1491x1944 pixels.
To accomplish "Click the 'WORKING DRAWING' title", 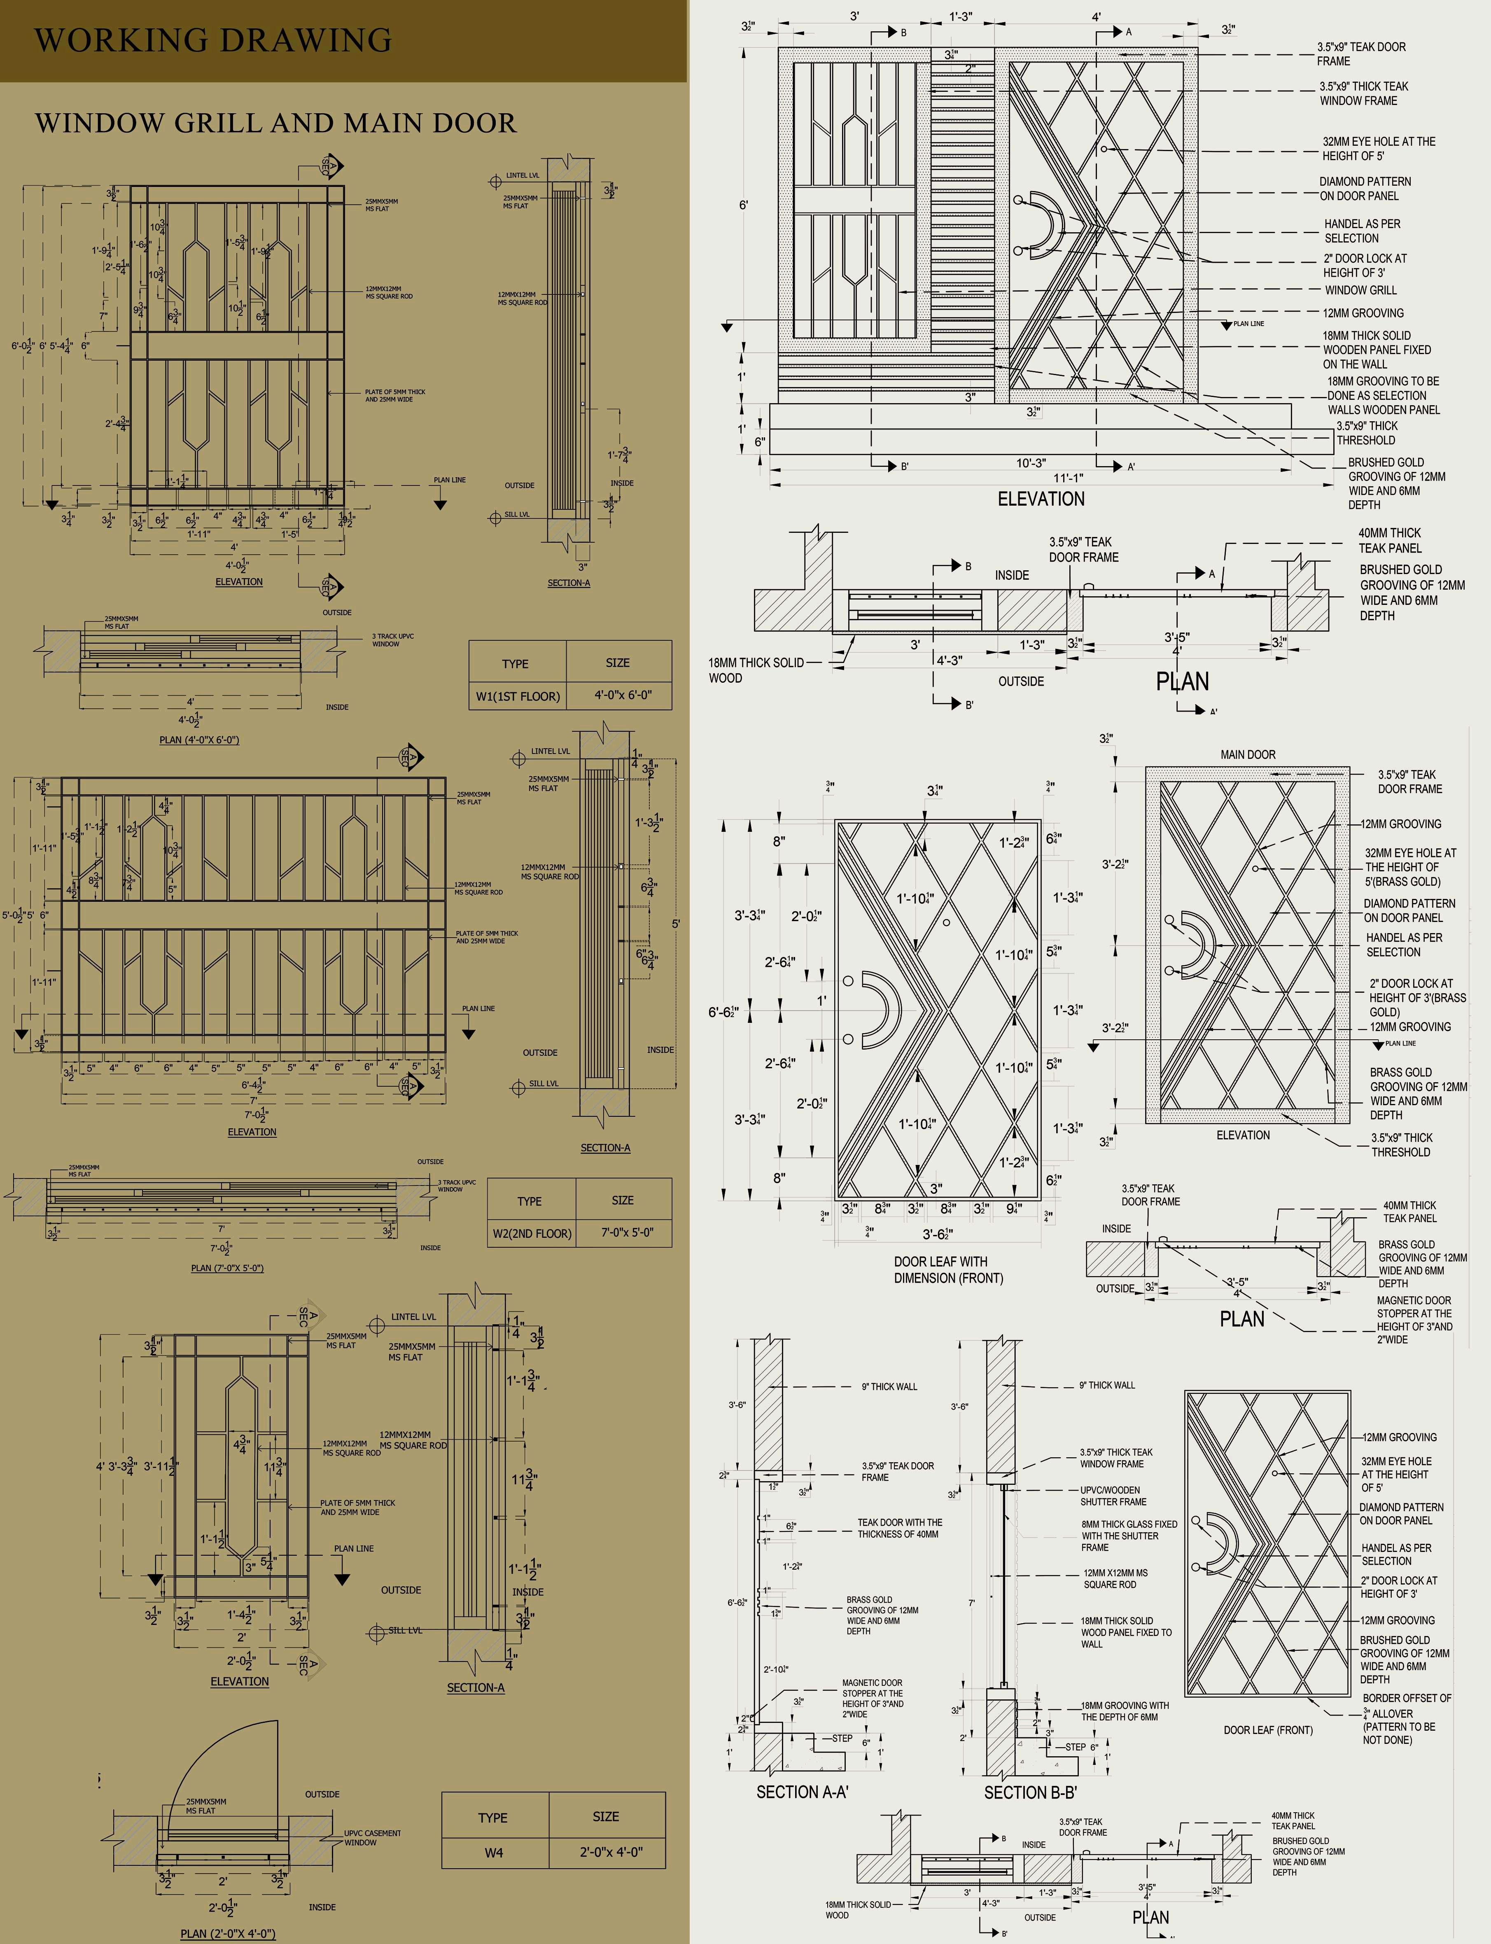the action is pyautogui.click(x=213, y=40).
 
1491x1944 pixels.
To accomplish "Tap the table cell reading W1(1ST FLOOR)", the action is pyautogui.click(x=518, y=695).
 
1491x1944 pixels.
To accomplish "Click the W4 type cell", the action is pyautogui.click(x=493, y=1853).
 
